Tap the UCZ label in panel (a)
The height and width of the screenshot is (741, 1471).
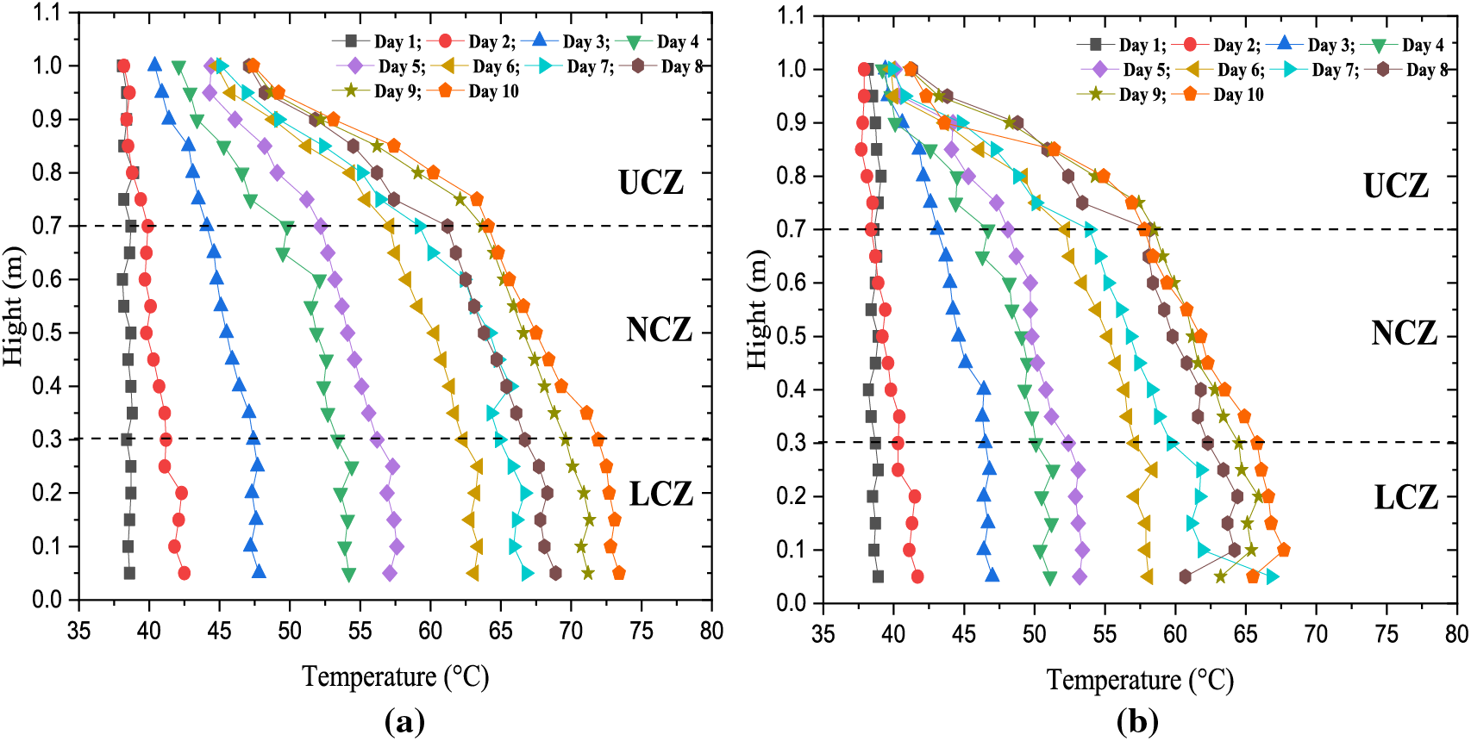(x=651, y=183)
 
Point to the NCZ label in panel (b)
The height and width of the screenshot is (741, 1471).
(x=1404, y=333)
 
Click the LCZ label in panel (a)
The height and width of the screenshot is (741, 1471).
(x=660, y=495)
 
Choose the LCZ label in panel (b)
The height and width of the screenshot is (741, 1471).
(x=1405, y=497)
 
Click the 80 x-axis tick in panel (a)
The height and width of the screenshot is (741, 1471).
(x=711, y=632)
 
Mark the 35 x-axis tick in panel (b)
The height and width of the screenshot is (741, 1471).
(x=823, y=635)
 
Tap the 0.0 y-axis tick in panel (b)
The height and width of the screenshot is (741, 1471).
(x=791, y=603)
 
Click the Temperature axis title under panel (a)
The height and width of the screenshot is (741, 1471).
(x=395, y=677)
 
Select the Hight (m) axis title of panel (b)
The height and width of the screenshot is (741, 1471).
(x=757, y=308)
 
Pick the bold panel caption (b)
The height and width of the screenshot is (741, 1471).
(x=1137, y=721)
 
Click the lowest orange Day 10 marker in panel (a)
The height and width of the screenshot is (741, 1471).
(x=618, y=573)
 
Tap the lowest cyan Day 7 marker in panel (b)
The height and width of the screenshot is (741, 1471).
(x=1272, y=576)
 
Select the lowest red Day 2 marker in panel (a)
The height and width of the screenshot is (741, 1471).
(x=184, y=573)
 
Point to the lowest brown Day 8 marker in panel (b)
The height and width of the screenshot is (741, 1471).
(x=1185, y=576)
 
